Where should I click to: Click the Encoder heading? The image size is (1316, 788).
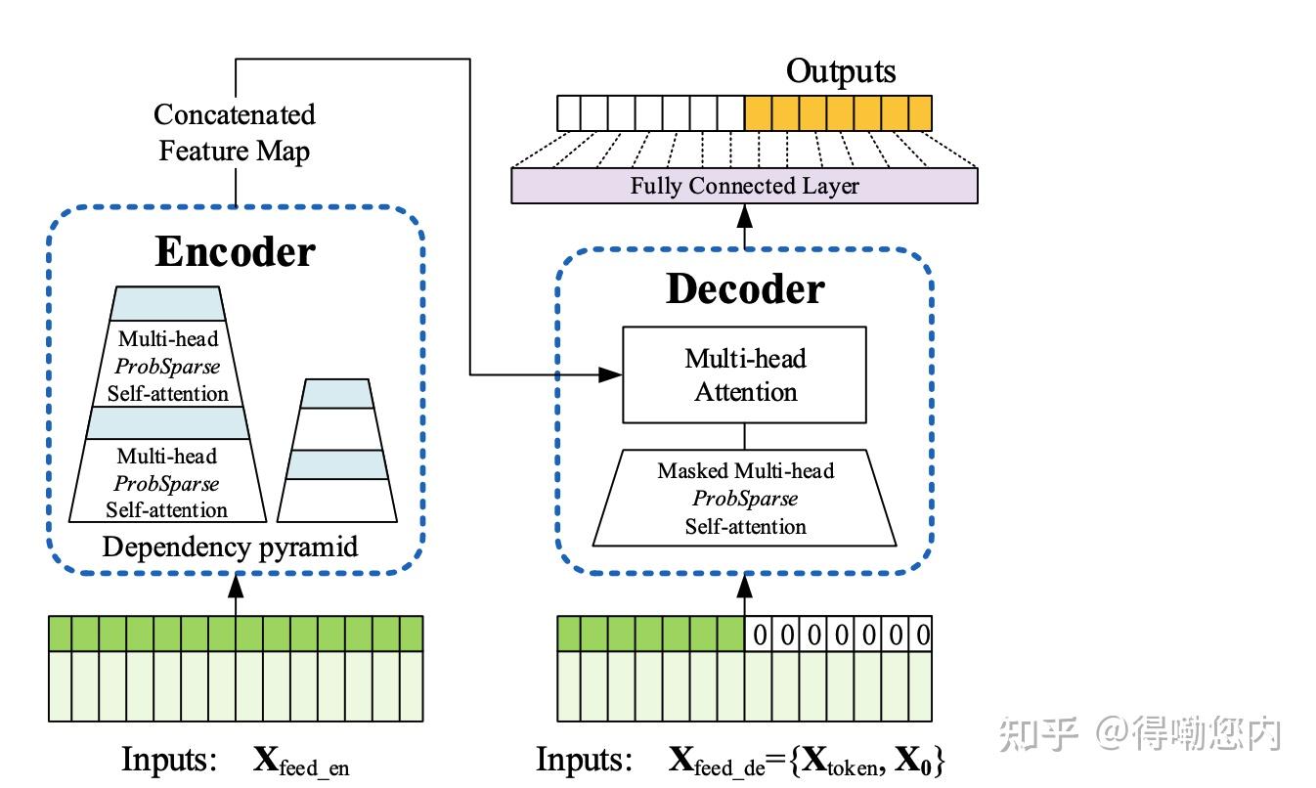pos(235,251)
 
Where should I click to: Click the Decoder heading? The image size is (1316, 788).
pos(745,288)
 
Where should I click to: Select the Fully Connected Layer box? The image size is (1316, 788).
pos(744,186)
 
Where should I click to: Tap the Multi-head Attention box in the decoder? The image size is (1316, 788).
pos(744,374)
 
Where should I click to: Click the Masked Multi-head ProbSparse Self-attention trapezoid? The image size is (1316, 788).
pos(744,499)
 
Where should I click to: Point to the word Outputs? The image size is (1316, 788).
pos(841,71)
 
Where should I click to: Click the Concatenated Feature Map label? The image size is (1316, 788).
pos(235,133)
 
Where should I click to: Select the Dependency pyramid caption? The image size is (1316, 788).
pos(230,547)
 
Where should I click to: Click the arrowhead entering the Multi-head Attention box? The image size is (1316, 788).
pos(610,374)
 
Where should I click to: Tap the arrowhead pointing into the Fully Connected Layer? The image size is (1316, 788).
pos(744,216)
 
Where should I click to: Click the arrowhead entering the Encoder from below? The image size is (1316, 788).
pos(236,586)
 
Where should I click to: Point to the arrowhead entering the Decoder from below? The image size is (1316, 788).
pos(744,586)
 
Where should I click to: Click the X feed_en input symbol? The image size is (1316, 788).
pos(301,761)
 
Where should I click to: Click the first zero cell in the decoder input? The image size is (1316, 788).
pos(759,635)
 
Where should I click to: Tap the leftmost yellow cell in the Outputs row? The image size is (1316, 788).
pos(759,112)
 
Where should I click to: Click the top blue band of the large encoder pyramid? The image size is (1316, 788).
pos(167,304)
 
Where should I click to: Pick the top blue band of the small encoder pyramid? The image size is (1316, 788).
pos(336,394)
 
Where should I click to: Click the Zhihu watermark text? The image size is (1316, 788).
pos(1140,733)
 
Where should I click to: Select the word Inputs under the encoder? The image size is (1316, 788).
pos(169,759)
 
